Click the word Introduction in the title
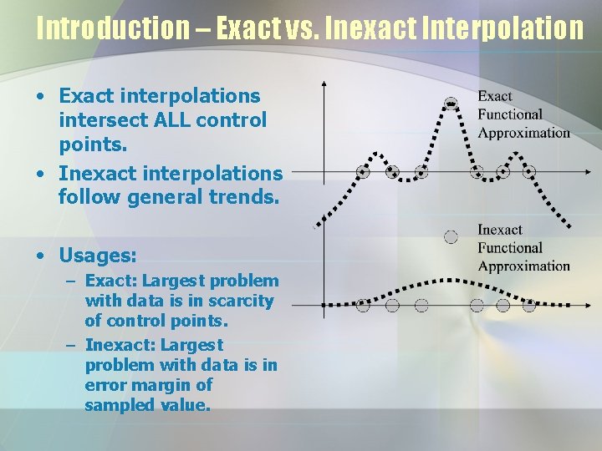coord(112,28)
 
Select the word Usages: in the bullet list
coord(97,254)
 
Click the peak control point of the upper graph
coord(451,104)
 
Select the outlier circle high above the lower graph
coord(451,236)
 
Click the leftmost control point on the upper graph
coord(363,172)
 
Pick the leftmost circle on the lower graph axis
coord(363,305)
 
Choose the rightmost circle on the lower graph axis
coord(528,305)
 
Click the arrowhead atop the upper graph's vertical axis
coord(324,84)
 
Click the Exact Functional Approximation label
coord(523,114)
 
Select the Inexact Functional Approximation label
coord(523,248)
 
